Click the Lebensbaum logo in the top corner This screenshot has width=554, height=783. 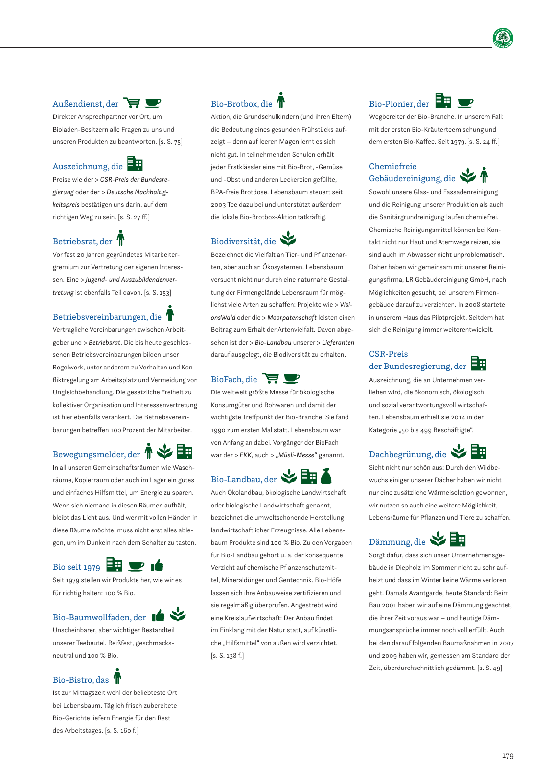pyautogui.click(x=503, y=38)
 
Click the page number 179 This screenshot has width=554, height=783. pyautogui.click(x=508, y=756)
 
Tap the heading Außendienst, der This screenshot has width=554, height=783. pyautogui.click(x=86, y=104)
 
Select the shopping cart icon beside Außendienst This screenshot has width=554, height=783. pyautogui.click(x=132, y=103)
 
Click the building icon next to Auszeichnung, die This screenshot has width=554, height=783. pyautogui.click(x=135, y=163)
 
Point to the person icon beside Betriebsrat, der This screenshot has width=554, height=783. pyautogui.click(x=120, y=238)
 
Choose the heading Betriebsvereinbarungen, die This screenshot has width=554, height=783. pyautogui.click(x=107, y=317)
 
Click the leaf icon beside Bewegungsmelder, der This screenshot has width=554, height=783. pyautogui.click(x=165, y=451)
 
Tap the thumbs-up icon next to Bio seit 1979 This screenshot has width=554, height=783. pyautogui.click(x=157, y=566)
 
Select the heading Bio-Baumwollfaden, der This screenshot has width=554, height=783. pyautogui.click(x=99, y=617)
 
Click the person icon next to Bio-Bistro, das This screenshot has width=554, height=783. pyautogui.click(x=117, y=676)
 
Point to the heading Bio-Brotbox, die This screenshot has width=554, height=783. pyautogui.click(x=242, y=104)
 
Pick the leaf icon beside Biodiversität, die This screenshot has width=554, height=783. pyautogui.click(x=288, y=238)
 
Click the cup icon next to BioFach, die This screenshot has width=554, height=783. pyautogui.click(x=292, y=378)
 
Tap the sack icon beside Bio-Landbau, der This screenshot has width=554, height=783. pyautogui.click(x=326, y=476)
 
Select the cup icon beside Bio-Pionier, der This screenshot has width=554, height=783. pyautogui.click(x=465, y=103)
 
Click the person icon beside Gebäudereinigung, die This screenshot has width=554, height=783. pyautogui.click(x=484, y=175)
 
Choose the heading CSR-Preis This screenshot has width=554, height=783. pyautogui.click(x=389, y=354)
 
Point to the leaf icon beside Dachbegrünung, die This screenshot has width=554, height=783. pyautogui.click(x=459, y=451)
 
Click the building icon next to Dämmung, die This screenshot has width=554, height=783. pyautogui.click(x=458, y=539)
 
